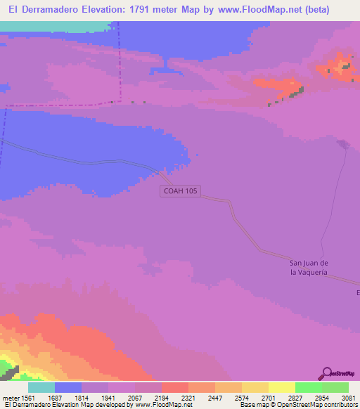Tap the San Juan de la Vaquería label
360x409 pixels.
point(309,266)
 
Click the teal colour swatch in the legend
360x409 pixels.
point(41,387)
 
